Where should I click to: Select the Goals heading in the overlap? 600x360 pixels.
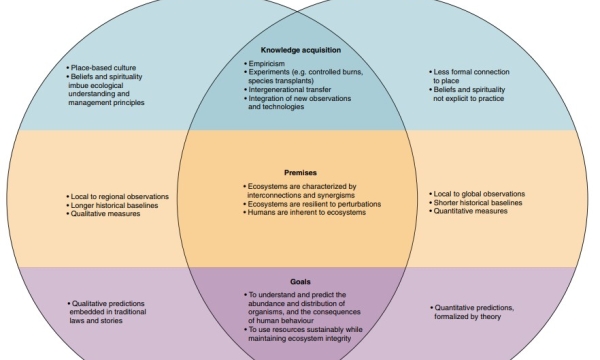pos(300,283)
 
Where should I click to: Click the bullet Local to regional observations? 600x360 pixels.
pos(120,196)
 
